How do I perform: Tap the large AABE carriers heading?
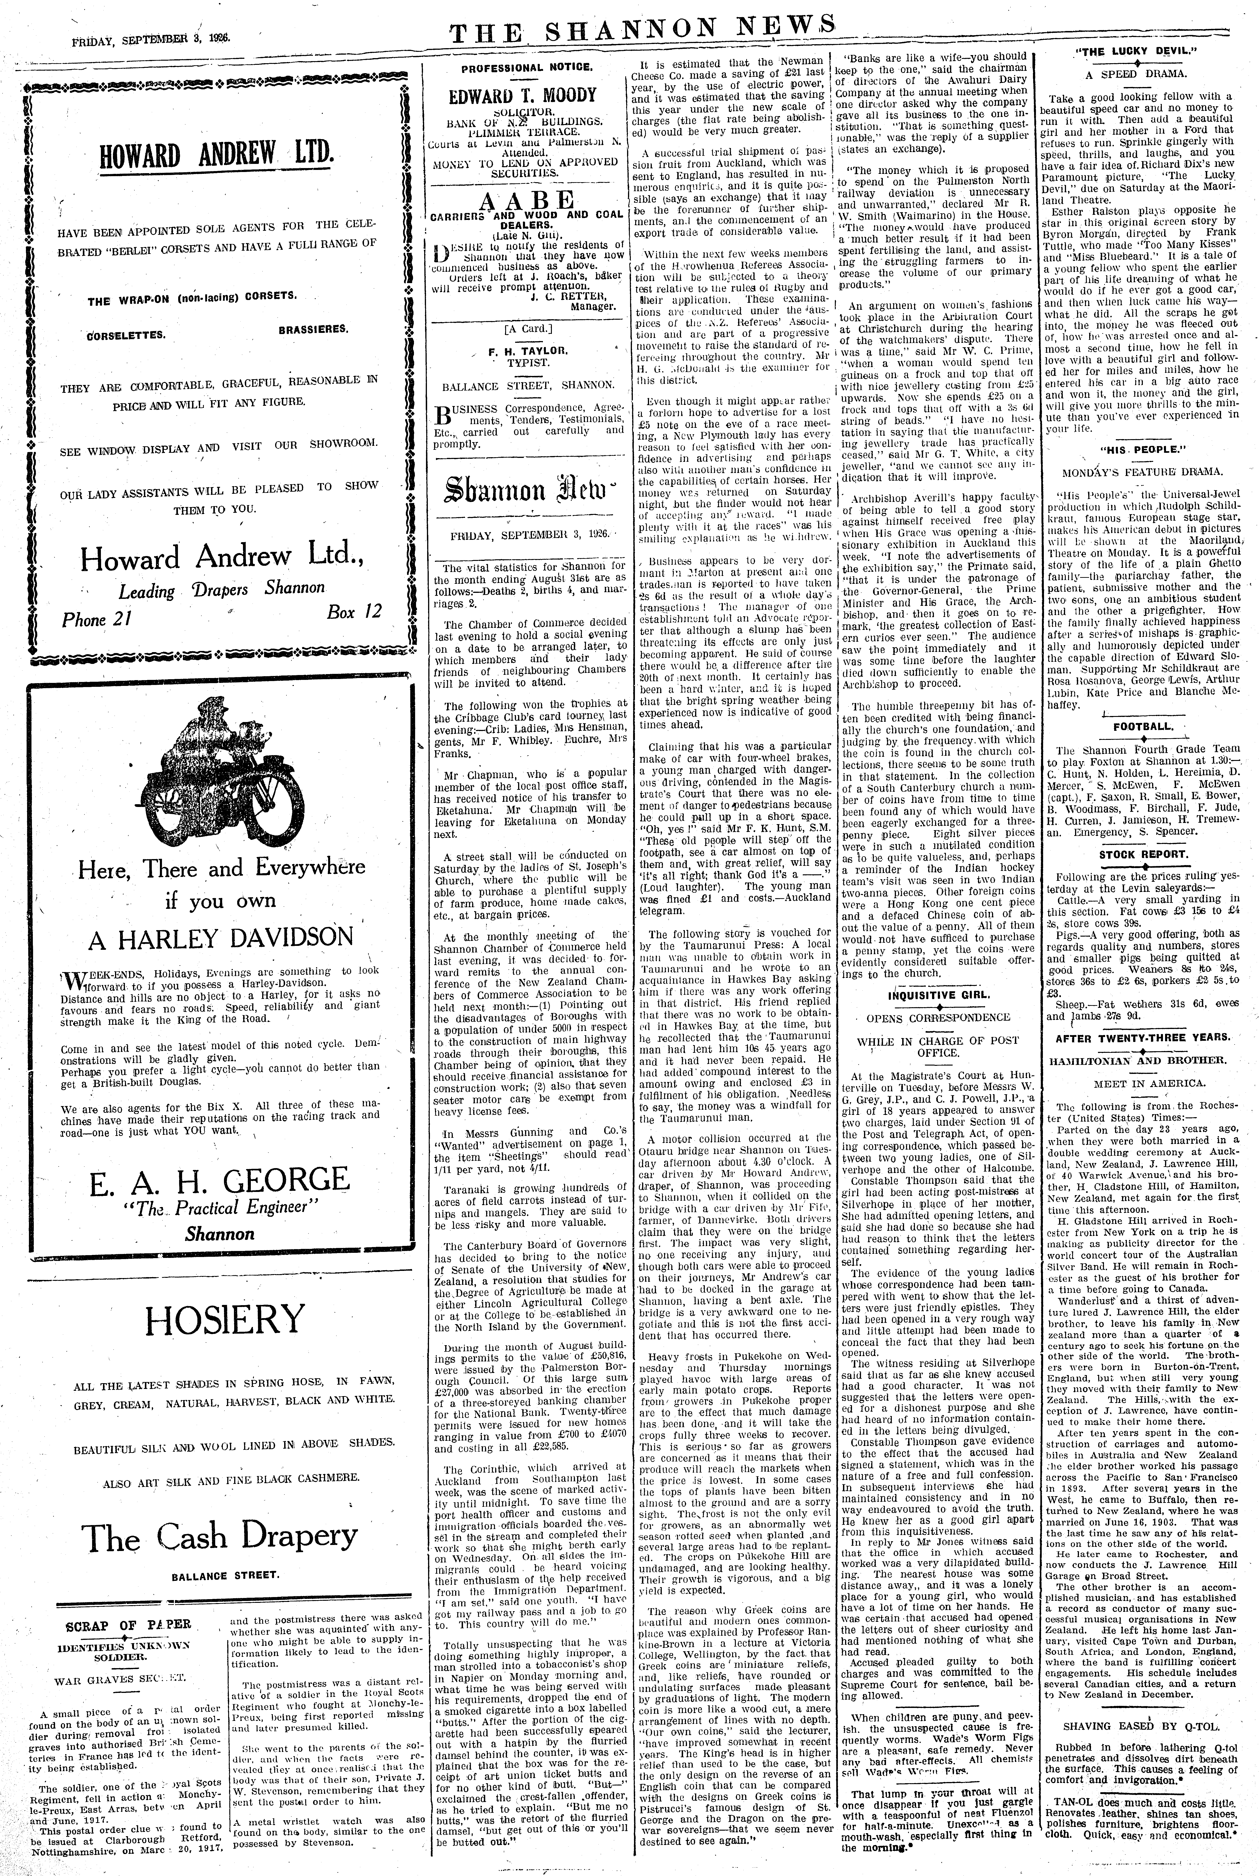pos(527,199)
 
